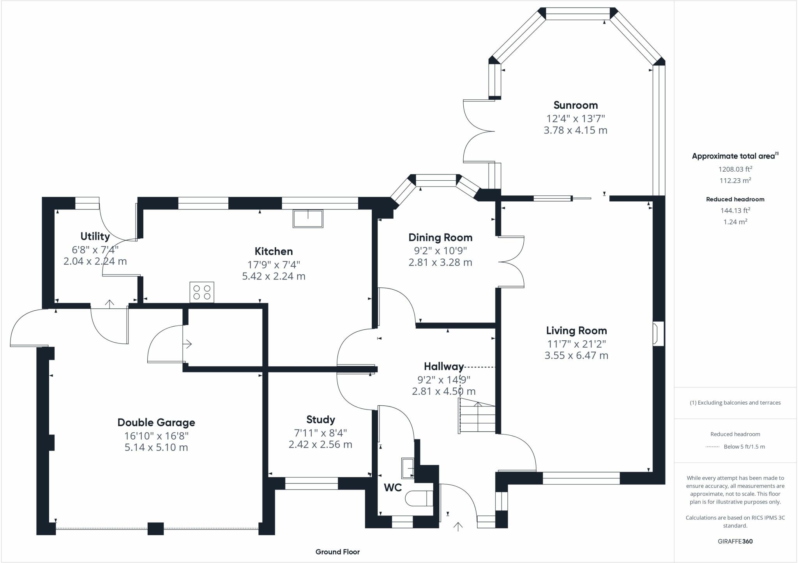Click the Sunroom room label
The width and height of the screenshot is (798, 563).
coord(576,105)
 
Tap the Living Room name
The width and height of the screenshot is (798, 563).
coord(576,331)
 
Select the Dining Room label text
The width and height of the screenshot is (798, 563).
coord(440,238)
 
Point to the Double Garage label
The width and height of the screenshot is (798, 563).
coord(156,422)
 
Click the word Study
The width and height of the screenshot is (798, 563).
coord(320,420)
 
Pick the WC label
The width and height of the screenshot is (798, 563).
coord(393,487)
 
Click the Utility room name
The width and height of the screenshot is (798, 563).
coord(95,236)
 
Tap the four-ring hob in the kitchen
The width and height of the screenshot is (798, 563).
coord(202,292)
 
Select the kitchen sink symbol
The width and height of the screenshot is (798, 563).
coord(308,218)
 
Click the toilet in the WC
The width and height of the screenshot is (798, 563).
coord(419,498)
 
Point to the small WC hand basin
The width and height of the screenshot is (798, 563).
coord(408,467)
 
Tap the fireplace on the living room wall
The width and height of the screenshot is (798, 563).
coord(659,334)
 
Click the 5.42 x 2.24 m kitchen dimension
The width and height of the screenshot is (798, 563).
coord(274,276)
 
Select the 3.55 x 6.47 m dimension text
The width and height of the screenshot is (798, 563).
coord(576,355)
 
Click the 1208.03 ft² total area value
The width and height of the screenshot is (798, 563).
coord(735,169)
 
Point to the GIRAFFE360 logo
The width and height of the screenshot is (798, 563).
coord(735,541)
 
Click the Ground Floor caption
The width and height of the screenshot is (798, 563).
coord(337,552)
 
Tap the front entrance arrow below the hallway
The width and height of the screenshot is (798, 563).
coord(458,526)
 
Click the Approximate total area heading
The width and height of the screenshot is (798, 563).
coord(735,156)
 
